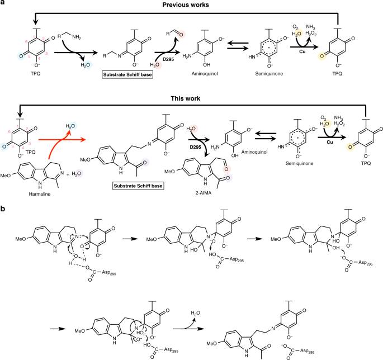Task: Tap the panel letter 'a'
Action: pos(4,4)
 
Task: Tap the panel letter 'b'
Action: pos(4,195)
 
